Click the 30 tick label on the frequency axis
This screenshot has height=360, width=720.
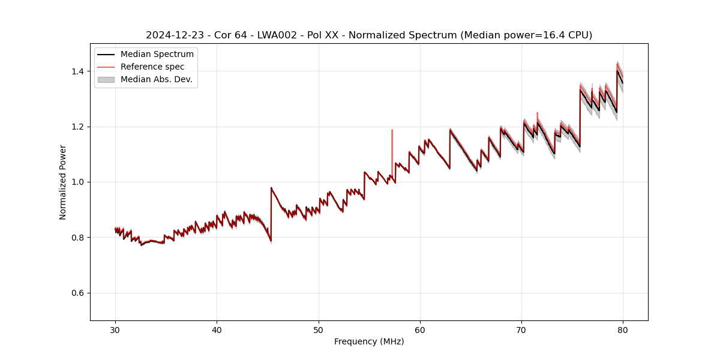115,329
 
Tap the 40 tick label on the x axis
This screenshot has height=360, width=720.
217,329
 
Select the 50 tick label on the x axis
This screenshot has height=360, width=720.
319,329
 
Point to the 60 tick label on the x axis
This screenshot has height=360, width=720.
420,329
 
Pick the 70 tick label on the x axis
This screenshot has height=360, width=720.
521,329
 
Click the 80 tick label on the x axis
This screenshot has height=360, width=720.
623,329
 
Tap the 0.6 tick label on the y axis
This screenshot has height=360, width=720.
79,293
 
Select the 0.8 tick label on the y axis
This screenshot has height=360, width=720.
79,238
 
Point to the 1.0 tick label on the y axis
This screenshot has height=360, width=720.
79,182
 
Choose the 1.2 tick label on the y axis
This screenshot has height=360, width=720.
79,127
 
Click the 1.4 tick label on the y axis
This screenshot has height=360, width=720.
79,71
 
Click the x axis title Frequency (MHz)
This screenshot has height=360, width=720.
369,341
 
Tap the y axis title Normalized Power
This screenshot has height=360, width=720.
63,182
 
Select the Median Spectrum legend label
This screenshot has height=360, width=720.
157,55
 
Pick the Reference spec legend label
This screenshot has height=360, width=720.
152,67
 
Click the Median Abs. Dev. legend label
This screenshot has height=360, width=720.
157,79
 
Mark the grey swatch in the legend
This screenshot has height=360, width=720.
106,79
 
